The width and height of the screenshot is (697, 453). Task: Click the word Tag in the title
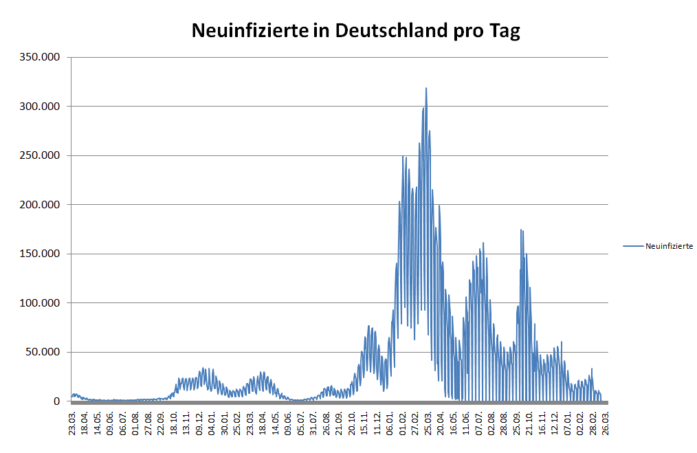[504, 32]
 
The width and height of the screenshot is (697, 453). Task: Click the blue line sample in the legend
[633, 246]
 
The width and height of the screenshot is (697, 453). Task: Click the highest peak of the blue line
[426, 89]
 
